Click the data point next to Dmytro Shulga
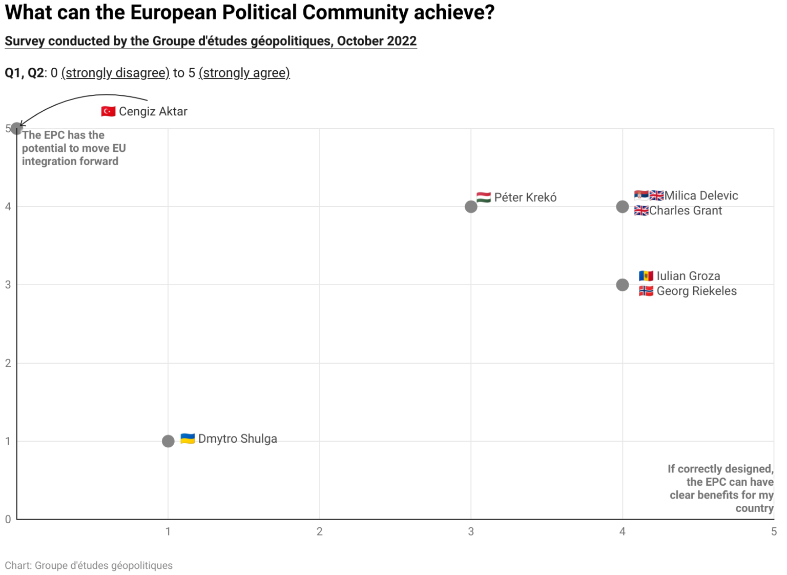168,441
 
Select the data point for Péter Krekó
471,207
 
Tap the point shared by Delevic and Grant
623,207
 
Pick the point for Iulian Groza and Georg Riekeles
623,285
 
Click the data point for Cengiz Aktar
16,128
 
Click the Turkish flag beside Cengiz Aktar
108,111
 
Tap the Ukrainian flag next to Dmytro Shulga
188,439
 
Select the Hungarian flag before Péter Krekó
484,197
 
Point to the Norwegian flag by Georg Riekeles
646,291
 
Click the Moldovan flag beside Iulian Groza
646,276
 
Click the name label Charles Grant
686,211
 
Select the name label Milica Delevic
701,195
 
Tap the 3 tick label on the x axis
471,531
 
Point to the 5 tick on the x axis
774,531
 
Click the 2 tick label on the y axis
8,363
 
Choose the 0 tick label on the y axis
8,519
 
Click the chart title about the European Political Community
250,13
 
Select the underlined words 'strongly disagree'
115,73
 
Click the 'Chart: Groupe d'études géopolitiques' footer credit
89,565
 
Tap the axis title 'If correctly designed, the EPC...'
721,488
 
